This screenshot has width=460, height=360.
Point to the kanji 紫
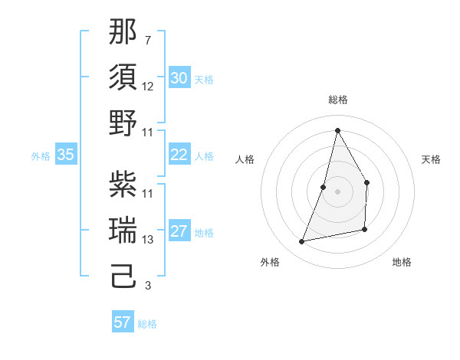point(123,184)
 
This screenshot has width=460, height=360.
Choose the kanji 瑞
point(123,230)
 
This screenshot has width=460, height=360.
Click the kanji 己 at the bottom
point(123,276)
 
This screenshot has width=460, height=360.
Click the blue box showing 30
point(179,78)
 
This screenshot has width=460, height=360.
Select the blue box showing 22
point(179,155)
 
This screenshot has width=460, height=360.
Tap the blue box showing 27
point(179,232)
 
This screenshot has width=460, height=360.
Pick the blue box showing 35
point(65,155)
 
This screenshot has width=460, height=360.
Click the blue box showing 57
point(122,322)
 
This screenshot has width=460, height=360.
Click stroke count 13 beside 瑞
point(148,240)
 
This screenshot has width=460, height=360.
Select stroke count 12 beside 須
point(148,86)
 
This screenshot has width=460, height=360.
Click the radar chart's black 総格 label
point(337,100)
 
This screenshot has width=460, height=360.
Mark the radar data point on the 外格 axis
point(302,242)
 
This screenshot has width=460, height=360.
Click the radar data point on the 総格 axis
point(337,129)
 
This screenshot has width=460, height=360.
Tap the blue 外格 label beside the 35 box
point(41,156)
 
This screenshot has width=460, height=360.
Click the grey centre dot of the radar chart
point(337,191)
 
